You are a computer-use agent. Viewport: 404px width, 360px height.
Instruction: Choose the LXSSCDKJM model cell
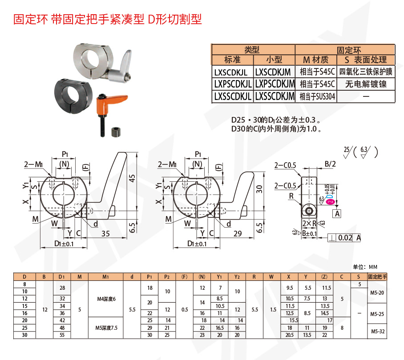click(275, 96)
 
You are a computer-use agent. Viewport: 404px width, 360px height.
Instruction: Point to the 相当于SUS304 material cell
click(317, 96)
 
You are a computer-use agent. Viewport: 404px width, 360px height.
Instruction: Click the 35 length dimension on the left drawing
click(105, 234)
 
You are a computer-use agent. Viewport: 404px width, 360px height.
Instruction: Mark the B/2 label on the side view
click(330, 164)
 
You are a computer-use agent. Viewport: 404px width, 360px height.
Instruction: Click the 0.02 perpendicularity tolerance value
click(345, 238)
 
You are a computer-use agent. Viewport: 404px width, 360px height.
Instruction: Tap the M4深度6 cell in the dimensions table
click(106, 299)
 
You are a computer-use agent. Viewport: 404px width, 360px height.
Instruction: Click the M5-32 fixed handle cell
click(378, 331)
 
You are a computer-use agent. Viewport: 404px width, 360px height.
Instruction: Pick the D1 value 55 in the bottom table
click(62, 335)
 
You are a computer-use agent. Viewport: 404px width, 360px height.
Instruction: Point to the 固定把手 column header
click(378, 276)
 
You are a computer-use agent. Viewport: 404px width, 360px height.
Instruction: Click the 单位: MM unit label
click(365, 267)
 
